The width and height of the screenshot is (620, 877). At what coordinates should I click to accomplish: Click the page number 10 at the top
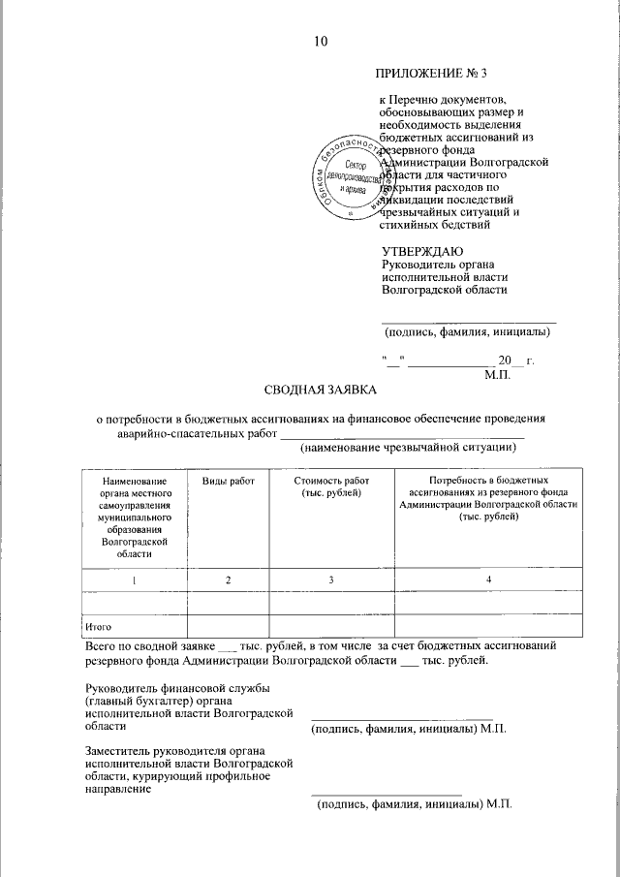pos(321,41)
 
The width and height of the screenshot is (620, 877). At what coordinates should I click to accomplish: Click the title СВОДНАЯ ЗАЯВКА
pos(322,390)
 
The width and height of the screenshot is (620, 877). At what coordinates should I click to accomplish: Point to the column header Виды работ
pos(228,481)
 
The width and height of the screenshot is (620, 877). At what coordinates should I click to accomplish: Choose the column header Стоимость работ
pos(330,487)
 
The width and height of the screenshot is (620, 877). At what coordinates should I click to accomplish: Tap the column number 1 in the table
pos(135,579)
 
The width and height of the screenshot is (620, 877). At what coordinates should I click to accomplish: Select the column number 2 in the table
pos(228,579)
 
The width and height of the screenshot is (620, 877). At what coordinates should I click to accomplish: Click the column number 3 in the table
pos(330,579)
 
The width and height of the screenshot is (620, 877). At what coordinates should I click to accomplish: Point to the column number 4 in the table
pos(488,579)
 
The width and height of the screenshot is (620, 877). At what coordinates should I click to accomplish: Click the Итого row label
pos(98,627)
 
